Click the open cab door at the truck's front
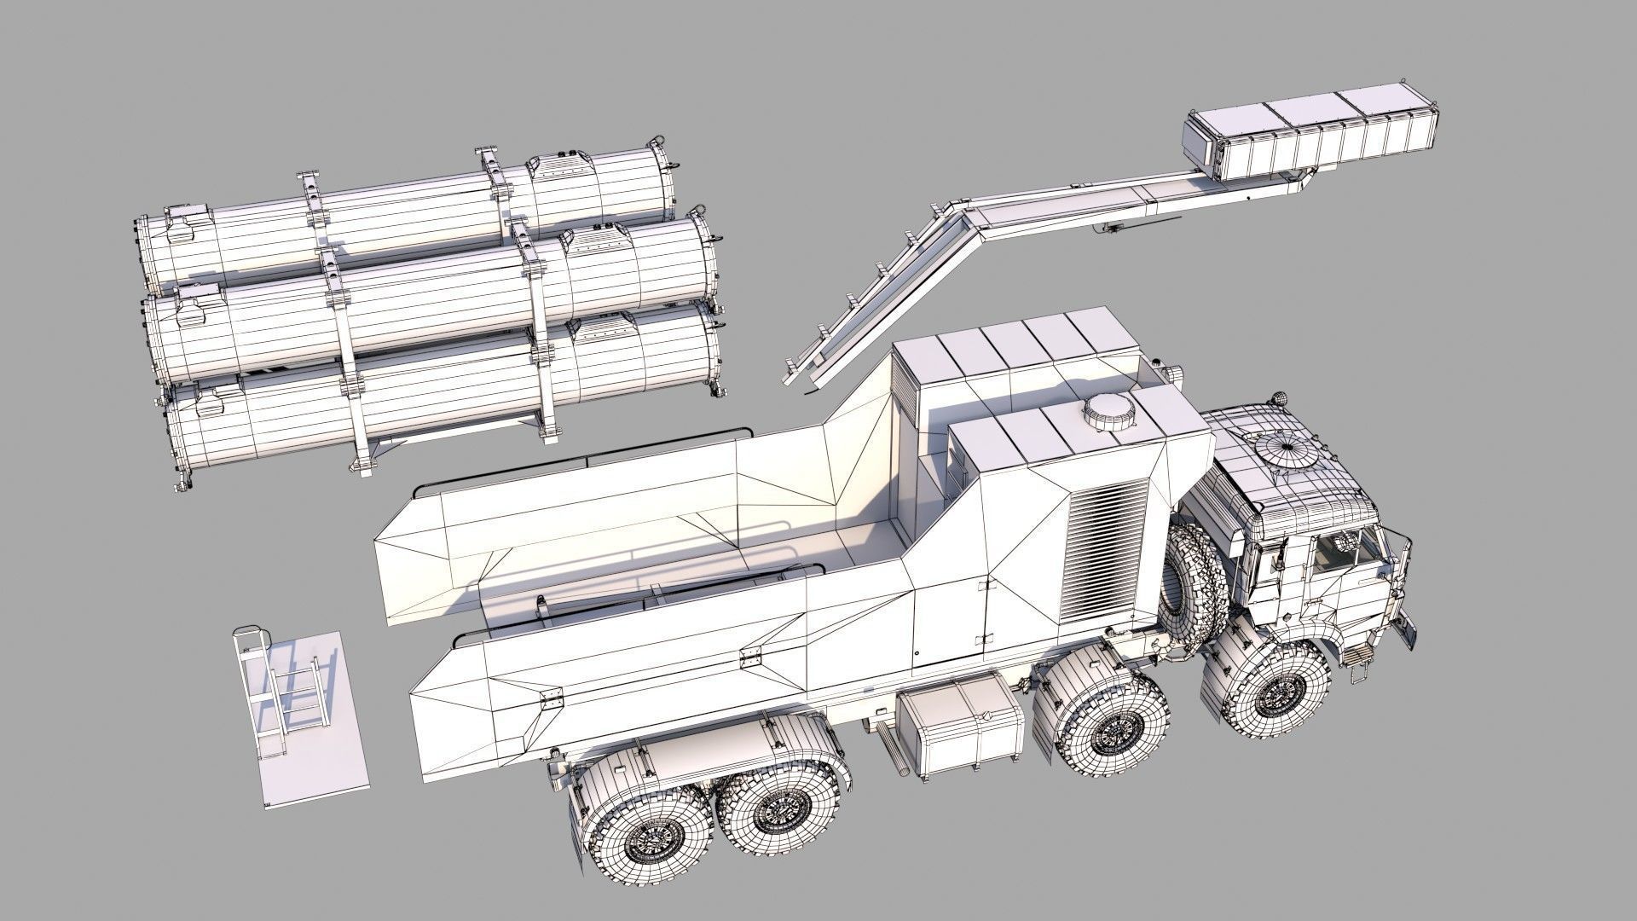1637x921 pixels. pos(1407,631)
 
